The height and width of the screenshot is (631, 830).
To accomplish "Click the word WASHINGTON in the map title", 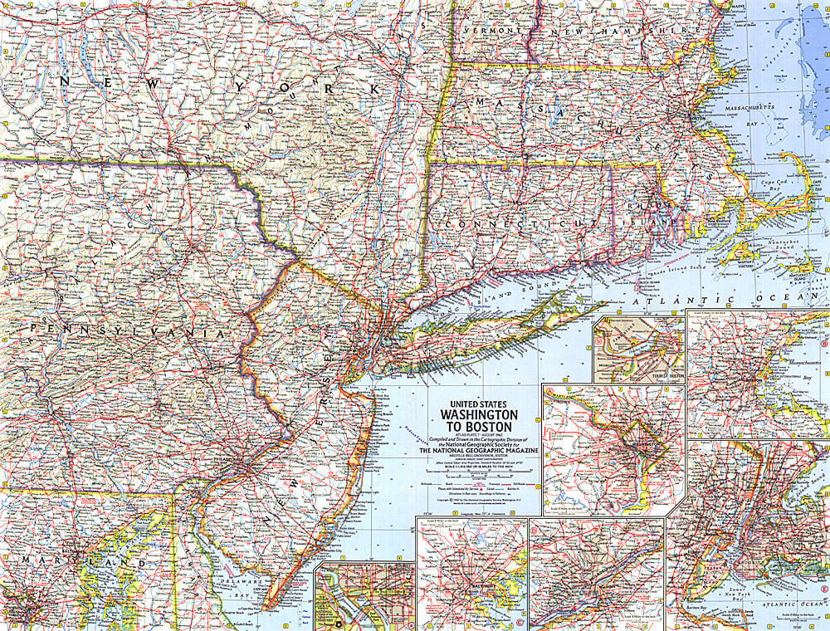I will (479, 413).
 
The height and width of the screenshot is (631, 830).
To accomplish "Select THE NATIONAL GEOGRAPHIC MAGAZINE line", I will (479, 449).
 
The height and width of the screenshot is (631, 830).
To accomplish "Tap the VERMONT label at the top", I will (495, 30).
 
